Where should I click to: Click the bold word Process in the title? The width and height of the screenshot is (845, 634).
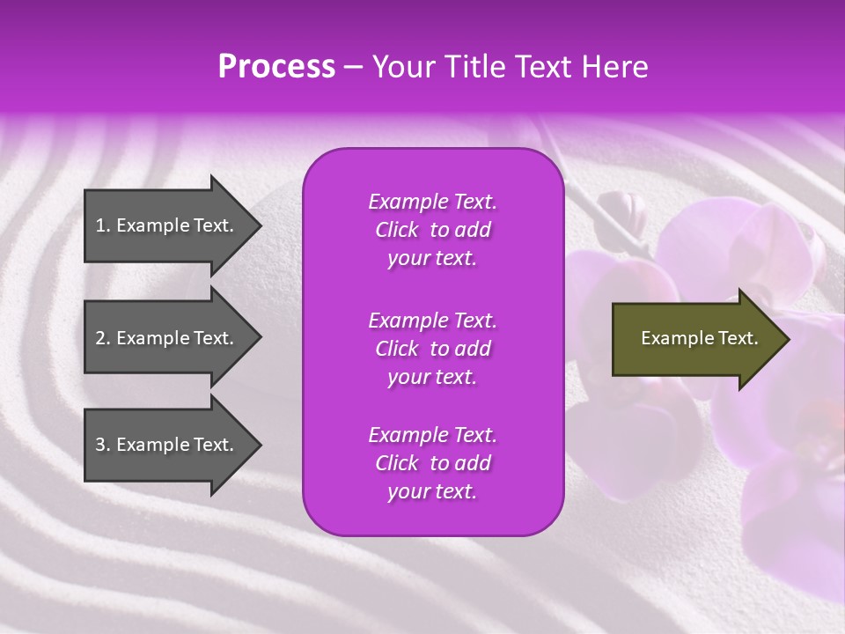[x=276, y=67]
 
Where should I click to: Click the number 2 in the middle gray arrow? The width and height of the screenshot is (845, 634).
[x=100, y=338]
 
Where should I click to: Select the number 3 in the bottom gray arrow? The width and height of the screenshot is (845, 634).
[x=100, y=445]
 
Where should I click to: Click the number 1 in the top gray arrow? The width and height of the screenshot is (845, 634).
[x=99, y=225]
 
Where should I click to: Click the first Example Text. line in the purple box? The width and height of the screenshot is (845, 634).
[x=432, y=202]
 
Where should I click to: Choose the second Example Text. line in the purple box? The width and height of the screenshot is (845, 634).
[x=432, y=321]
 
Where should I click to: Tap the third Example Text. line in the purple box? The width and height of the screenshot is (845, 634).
[x=432, y=435]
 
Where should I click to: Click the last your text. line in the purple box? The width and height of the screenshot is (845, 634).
[x=432, y=492]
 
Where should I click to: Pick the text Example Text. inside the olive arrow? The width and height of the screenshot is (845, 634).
[x=699, y=338]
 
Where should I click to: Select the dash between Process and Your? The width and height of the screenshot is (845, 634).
[x=354, y=68]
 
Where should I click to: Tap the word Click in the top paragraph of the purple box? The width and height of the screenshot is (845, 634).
[x=397, y=231]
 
